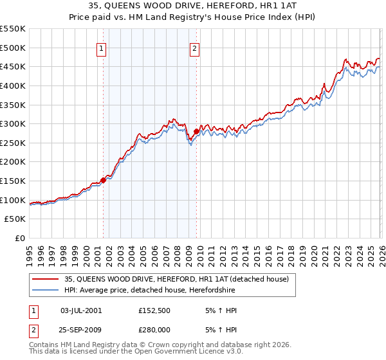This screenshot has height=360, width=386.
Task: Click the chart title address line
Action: [x=193, y=6]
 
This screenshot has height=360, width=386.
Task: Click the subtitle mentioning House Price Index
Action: [x=193, y=17]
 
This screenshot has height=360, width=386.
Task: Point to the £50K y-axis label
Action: [x=15, y=219]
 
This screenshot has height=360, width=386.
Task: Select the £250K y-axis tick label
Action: [x=13, y=143]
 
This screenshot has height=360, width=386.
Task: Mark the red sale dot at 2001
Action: [x=103, y=181]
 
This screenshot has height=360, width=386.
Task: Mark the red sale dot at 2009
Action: [x=196, y=132]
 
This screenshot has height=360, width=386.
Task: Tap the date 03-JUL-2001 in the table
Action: [x=80, y=310]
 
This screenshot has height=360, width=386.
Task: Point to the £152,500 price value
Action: [x=154, y=310]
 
